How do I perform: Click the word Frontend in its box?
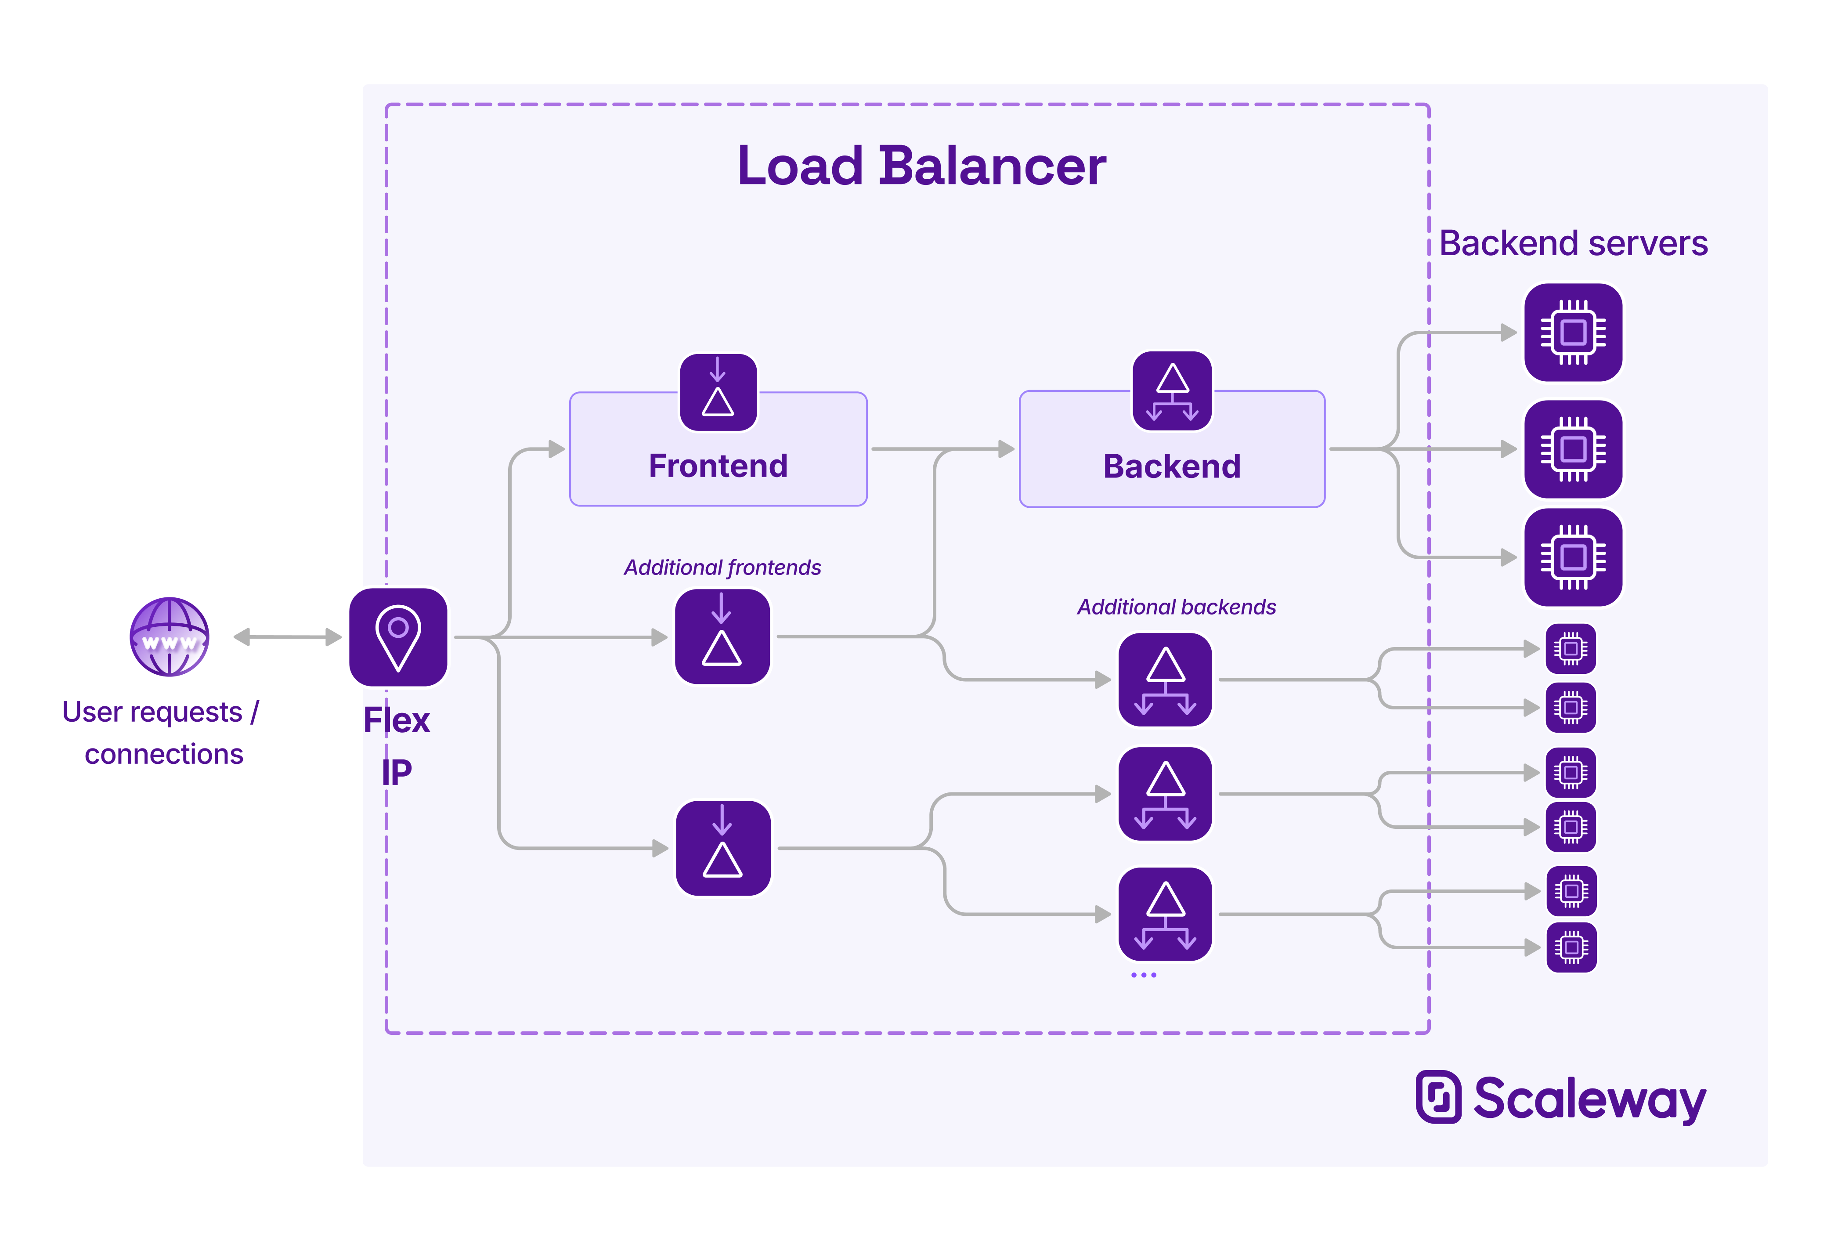718,466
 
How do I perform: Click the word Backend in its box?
1171,467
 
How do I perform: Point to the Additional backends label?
1176,607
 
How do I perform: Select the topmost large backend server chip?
1573,333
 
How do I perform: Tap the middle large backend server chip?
1573,449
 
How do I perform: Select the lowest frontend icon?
722,848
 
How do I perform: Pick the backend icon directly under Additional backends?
1165,680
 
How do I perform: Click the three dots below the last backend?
1143,975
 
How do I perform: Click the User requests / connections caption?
161,733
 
